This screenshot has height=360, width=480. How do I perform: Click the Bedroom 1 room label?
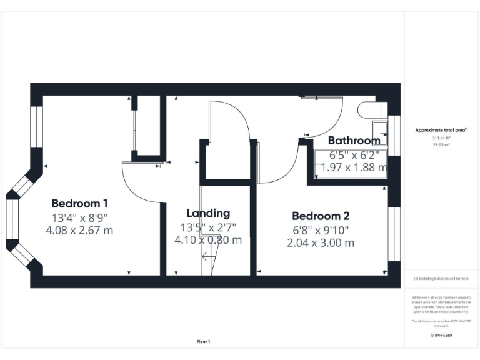[x=80, y=203]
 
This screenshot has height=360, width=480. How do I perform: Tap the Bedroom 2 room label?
[x=321, y=216]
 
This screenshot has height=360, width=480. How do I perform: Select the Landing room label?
[x=208, y=213]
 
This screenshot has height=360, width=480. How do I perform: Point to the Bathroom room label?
[x=354, y=140]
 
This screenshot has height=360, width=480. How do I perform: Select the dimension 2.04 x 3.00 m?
[x=321, y=242]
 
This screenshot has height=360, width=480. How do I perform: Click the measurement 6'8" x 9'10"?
[x=321, y=229]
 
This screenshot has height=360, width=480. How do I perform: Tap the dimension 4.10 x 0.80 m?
[x=208, y=240]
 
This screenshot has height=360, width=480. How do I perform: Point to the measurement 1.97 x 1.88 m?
[x=354, y=167]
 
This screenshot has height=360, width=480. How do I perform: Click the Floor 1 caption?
[x=204, y=341]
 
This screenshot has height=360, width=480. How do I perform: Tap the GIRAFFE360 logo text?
[x=441, y=336]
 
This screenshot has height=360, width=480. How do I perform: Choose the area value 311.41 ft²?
[x=441, y=137]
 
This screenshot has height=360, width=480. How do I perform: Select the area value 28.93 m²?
[x=441, y=144]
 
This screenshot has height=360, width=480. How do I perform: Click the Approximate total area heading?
[x=441, y=129]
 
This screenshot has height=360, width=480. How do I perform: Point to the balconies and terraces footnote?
[x=441, y=279]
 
